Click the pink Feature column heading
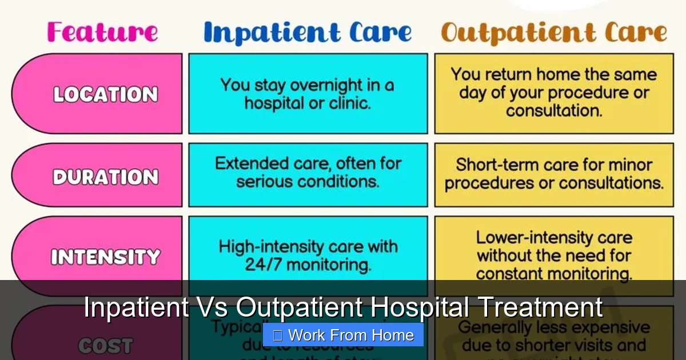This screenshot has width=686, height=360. [x=102, y=32]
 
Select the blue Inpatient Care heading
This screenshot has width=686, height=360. [x=308, y=33]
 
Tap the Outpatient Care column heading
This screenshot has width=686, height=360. [x=553, y=33]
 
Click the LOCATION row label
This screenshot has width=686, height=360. [x=105, y=94]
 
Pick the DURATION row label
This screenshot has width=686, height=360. [x=105, y=177]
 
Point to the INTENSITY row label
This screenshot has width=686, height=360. [x=105, y=257]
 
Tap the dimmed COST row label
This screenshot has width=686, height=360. [x=105, y=345]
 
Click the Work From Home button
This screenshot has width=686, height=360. [x=343, y=335]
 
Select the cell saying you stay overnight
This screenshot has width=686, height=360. [x=308, y=94]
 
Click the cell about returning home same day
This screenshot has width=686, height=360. [x=553, y=93]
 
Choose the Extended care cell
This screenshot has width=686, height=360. [x=308, y=173]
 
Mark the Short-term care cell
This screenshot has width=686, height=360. [x=553, y=174]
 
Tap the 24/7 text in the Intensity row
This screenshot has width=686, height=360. [x=262, y=265]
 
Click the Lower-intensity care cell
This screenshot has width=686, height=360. [x=553, y=255]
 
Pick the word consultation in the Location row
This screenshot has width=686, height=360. [x=553, y=110]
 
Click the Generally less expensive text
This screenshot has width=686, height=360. [x=553, y=328]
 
